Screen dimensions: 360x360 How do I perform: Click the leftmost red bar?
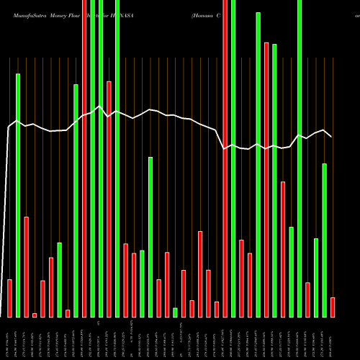click(9, 298)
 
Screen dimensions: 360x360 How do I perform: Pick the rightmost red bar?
click(333, 307)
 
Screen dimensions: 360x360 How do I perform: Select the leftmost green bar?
click(18, 194)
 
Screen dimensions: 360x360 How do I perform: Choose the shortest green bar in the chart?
click(175, 312)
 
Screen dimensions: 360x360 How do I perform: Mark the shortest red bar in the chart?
click(34, 315)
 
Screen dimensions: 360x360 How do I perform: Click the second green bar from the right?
click(315, 277)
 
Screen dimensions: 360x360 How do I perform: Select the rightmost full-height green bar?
click(300, 158)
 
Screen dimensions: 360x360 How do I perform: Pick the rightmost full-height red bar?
click(225, 158)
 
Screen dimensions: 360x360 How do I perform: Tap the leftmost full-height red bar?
click(84, 158)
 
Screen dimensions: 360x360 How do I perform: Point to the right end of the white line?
click(331, 136)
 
